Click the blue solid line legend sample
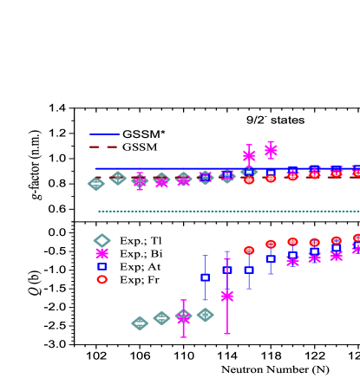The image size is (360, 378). (x=105, y=134)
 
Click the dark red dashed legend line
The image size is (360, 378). (x=103, y=147)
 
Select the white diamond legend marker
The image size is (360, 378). (x=102, y=241)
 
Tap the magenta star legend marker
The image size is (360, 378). (x=102, y=253)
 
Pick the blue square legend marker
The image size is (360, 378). (x=102, y=267)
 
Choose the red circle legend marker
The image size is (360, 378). (x=102, y=279)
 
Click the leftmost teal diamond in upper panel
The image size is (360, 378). (x=96, y=184)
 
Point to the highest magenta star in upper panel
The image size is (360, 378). (x=271, y=150)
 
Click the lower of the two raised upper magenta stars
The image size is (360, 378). (x=249, y=156)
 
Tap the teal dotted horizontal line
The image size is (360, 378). (x=226, y=211)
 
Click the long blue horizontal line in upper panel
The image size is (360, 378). (x=173, y=168)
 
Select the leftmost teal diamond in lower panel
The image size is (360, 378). (x=140, y=323)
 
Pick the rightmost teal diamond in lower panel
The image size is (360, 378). (x=205, y=315)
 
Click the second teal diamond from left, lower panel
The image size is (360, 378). (x=161, y=318)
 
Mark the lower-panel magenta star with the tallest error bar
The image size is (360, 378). (x=227, y=296)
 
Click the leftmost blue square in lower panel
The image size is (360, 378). (x=205, y=277)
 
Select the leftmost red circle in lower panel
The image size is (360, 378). (x=249, y=251)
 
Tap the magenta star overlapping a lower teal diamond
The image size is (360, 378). (x=183, y=318)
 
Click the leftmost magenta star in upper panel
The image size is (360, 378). (x=140, y=181)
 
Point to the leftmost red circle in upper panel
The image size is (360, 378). (x=249, y=180)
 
